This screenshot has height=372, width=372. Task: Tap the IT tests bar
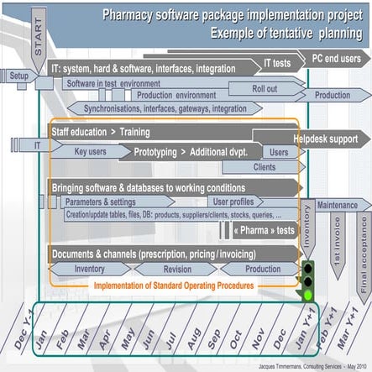tap(278, 63)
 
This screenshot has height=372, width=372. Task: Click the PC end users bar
tap(336, 60)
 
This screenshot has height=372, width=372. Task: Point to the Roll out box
tap(265, 88)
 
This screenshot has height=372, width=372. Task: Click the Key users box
tap(91, 152)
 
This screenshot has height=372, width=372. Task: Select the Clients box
tap(264, 166)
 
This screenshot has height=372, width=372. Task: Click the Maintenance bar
tap(338, 205)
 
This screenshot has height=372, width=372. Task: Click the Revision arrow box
tap(177, 269)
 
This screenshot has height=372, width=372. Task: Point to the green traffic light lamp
tap(307, 295)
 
